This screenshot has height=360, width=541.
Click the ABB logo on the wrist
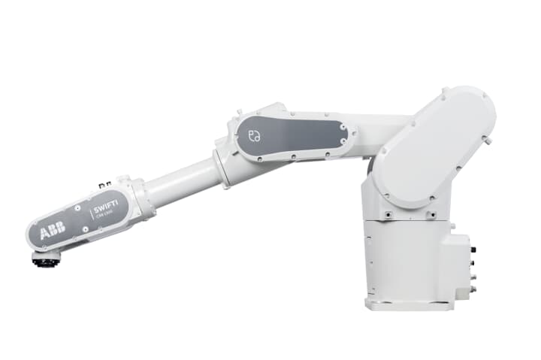click(x=53, y=232)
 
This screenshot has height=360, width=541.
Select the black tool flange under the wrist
click(x=46, y=259)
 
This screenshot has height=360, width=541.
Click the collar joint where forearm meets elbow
click(x=222, y=167)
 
